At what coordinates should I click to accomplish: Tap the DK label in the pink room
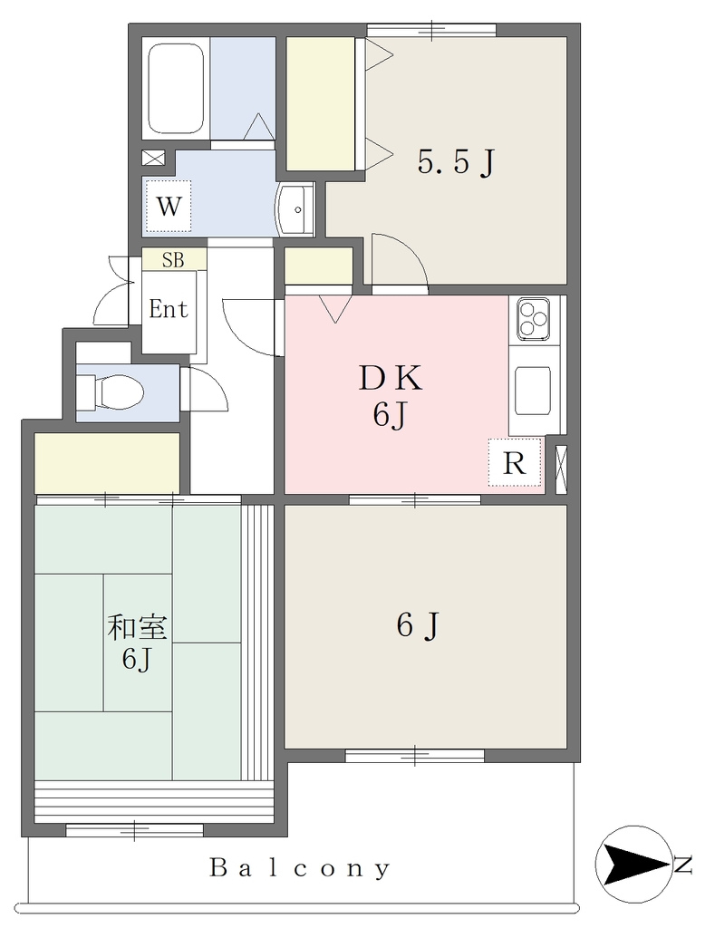[391, 379]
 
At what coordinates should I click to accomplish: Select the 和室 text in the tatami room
[138, 628]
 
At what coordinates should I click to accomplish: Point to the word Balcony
[300, 868]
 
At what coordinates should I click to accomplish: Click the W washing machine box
[169, 206]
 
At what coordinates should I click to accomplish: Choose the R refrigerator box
[515, 463]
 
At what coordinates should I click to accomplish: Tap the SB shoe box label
[173, 260]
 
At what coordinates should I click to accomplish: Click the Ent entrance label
[169, 309]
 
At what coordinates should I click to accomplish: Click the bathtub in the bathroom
[176, 89]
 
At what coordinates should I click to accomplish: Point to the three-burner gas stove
[533, 320]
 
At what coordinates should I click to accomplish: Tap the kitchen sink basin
[533, 391]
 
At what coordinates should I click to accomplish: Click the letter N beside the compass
[683, 865]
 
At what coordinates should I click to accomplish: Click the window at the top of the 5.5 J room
[431, 29]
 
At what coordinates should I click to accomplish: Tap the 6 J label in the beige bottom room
[418, 625]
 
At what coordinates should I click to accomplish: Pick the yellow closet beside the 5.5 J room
[321, 103]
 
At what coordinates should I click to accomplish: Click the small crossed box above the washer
[153, 158]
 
